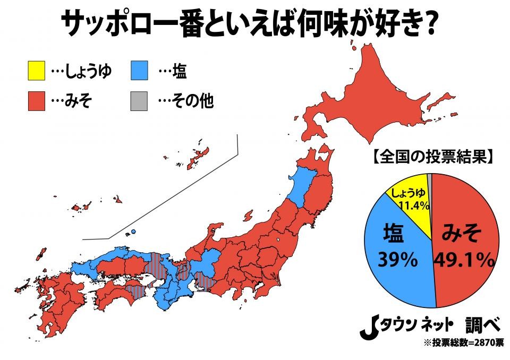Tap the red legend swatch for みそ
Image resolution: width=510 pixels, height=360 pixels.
click(36, 101)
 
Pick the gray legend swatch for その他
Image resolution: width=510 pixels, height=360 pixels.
click(139, 101)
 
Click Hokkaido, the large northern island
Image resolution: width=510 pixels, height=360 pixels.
click(372, 101)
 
